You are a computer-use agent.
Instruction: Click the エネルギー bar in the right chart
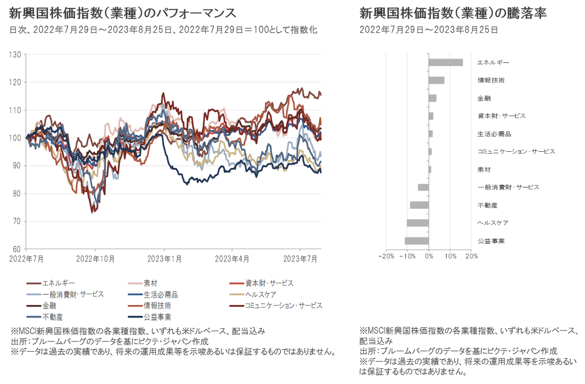coord(446,62)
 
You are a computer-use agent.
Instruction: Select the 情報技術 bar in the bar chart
coord(436,81)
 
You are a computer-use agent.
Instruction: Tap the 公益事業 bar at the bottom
coord(416,241)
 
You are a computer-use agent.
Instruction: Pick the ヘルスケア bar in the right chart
coord(418,223)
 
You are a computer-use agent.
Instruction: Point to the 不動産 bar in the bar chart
coord(419,205)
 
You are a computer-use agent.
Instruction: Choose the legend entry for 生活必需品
coord(160,295)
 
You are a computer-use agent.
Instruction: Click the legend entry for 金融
coord(49,306)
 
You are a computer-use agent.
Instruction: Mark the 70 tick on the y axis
coord(17,222)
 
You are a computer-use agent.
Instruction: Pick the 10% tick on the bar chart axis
coord(450,256)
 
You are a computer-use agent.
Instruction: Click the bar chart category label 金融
coord(484,98)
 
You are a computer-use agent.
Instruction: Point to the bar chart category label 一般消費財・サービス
coord(508,187)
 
